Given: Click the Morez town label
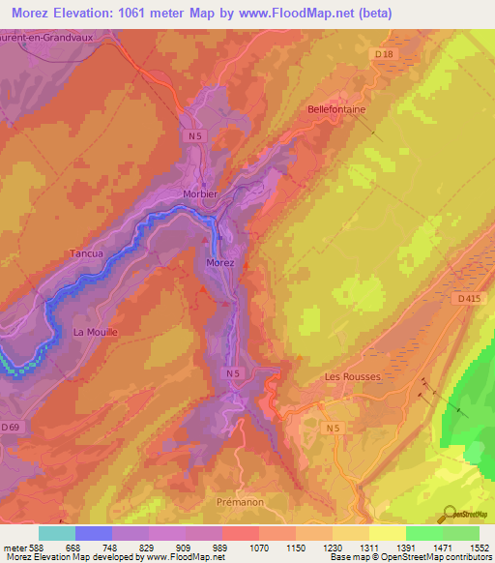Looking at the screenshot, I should click(x=220, y=262).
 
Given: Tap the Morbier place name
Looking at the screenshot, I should click(x=201, y=193).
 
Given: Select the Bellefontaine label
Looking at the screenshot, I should click(x=336, y=109).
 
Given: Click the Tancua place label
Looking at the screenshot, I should click(x=86, y=253).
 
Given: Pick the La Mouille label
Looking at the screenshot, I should click(x=95, y=332).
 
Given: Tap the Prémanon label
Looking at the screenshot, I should click(x=239, y=502).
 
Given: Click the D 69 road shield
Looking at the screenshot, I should click(x=11, y=427).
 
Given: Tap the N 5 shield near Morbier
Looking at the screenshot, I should click(x=196, y=136).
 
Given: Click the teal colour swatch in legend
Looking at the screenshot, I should click(x=57, y=533).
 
